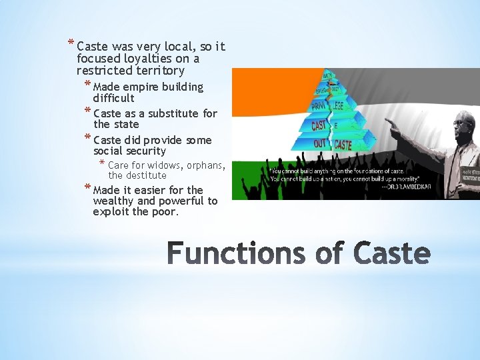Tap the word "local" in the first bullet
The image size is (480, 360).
(179, 47)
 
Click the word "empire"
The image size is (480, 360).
(138, 87)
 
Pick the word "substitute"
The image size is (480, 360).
(171, 113)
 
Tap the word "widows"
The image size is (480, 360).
(162, 165)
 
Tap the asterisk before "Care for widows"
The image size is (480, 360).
(101, 164)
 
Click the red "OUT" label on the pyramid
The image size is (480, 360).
(319, 143)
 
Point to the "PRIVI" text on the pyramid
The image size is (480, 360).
(319, 107)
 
